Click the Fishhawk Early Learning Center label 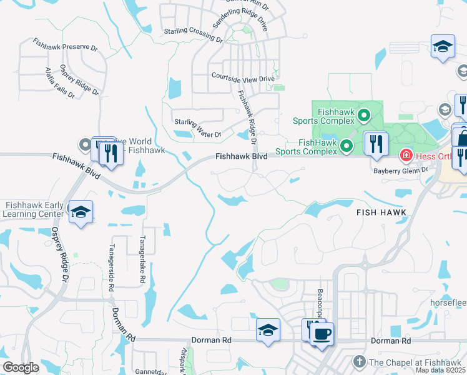(35, 209)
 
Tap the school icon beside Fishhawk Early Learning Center (81, 212)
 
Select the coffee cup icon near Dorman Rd (322, 333)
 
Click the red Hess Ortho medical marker (405, 154)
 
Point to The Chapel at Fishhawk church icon (359, 361)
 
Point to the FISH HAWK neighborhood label (381, 212)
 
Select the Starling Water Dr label (198, 134)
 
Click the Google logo (21, 367)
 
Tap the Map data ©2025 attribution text (440, 370)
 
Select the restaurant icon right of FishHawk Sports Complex (375, 143)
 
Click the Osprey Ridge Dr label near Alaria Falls (79, 80)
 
